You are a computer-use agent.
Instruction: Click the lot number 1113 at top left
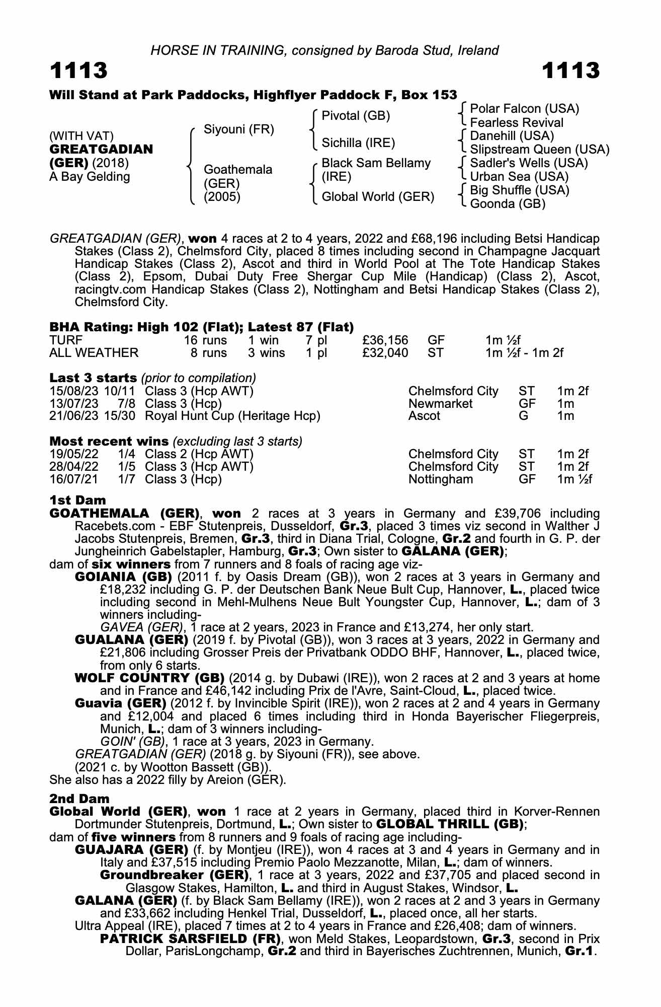click(x=78, y=71)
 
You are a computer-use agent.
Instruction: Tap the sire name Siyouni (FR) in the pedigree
click(x=238, y=130)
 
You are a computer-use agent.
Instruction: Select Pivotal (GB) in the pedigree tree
click(x=356, y=116)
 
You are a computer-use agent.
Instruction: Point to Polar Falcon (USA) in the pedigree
click(x=524, y=109)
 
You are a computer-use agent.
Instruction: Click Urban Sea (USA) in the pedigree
click(x=519, y=177)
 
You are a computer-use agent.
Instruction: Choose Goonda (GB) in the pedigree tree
click(x=508, y=204)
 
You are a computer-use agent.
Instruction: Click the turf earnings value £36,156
click(x=385, y=340)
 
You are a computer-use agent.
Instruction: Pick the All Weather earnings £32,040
click(x=385, y=353)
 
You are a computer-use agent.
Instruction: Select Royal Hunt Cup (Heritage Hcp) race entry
click(x=232, y=416)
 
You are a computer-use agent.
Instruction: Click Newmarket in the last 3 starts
click(x=440, y=404)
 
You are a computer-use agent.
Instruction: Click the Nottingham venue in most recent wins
click(x=441, y=479)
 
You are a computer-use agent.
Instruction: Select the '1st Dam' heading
click(x=77, y=500)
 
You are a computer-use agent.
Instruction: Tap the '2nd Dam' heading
click(x=79, y=799)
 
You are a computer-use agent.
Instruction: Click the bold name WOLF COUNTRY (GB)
click(x=149, y=678)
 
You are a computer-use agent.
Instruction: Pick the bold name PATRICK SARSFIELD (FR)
click(x=190, y=939)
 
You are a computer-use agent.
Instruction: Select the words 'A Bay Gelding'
click(x=90, y=177)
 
